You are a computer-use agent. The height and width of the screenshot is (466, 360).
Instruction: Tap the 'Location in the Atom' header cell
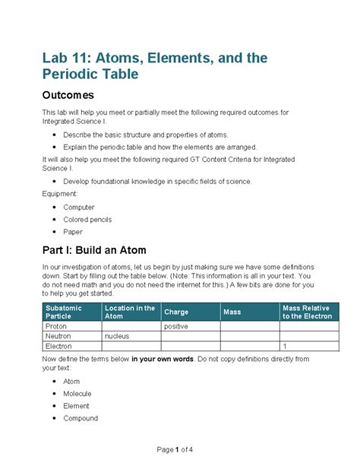[x=130, y=312]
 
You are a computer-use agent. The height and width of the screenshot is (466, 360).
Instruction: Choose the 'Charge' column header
[x=176, y=312]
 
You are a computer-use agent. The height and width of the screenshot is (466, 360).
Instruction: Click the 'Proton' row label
[x=57, y=326]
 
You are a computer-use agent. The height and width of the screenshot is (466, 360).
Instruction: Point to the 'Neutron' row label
[x=58, y=335]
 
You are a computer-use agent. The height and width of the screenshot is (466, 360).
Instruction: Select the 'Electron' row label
[x=59, y=345]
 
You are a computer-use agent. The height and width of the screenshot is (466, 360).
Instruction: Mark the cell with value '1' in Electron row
[x=284, y=345]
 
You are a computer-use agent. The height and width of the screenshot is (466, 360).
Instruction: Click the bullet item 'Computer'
[x=79, y=207]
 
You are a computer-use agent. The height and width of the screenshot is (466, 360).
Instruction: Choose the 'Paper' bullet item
[x=73, y=232]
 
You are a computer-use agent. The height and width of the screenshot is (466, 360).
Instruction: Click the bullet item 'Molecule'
[x=77, y=394]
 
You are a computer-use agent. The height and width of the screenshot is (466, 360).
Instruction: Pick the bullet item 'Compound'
[x=81, y=418]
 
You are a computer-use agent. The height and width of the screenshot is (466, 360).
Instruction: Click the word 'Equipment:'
[x=61, y=194]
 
